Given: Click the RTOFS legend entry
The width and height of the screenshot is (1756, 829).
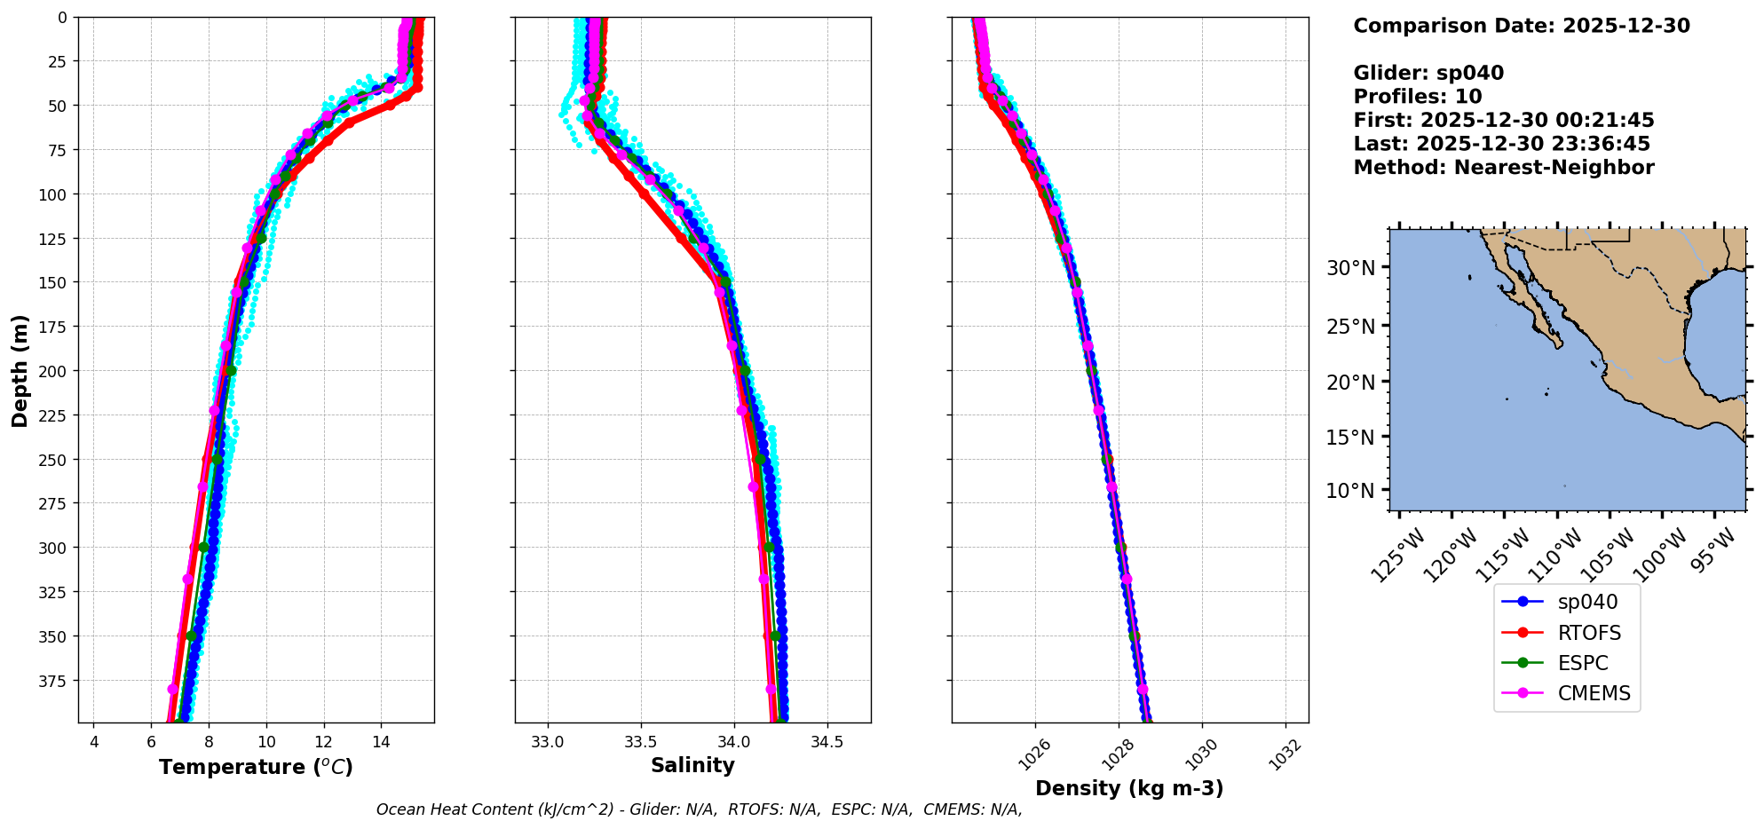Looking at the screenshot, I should pos(1588,633).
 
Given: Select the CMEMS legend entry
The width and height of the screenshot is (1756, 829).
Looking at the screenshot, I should pos(1593,693).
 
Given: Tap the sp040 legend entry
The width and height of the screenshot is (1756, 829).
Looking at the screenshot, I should pos(1586,602).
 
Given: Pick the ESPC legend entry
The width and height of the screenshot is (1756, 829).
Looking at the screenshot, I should pos(1582,663).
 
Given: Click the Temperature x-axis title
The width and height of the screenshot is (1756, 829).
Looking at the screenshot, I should pos(256,767).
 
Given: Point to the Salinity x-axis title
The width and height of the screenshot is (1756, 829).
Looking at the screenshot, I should pos(692,765).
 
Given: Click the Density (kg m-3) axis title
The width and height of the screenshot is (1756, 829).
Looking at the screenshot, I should pos(1129,788).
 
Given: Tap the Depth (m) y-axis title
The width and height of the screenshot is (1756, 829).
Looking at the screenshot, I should pos(20,370).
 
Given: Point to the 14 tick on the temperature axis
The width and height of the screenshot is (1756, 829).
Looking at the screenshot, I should pos(381,742).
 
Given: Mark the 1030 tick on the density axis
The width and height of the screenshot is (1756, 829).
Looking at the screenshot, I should pos(1202,755).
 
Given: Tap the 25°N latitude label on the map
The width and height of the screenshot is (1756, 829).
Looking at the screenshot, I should pos(1350,327).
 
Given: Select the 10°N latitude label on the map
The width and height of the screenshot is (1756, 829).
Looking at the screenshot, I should pos(1350,491).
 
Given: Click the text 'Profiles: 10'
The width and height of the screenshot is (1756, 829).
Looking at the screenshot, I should pos(1417,97).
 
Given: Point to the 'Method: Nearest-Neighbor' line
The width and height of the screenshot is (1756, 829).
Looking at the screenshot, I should pos(1503,168).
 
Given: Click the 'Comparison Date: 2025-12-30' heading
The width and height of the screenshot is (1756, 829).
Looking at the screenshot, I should pos(1521,26).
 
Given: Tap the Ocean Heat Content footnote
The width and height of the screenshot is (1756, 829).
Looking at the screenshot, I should pos(699,809).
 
